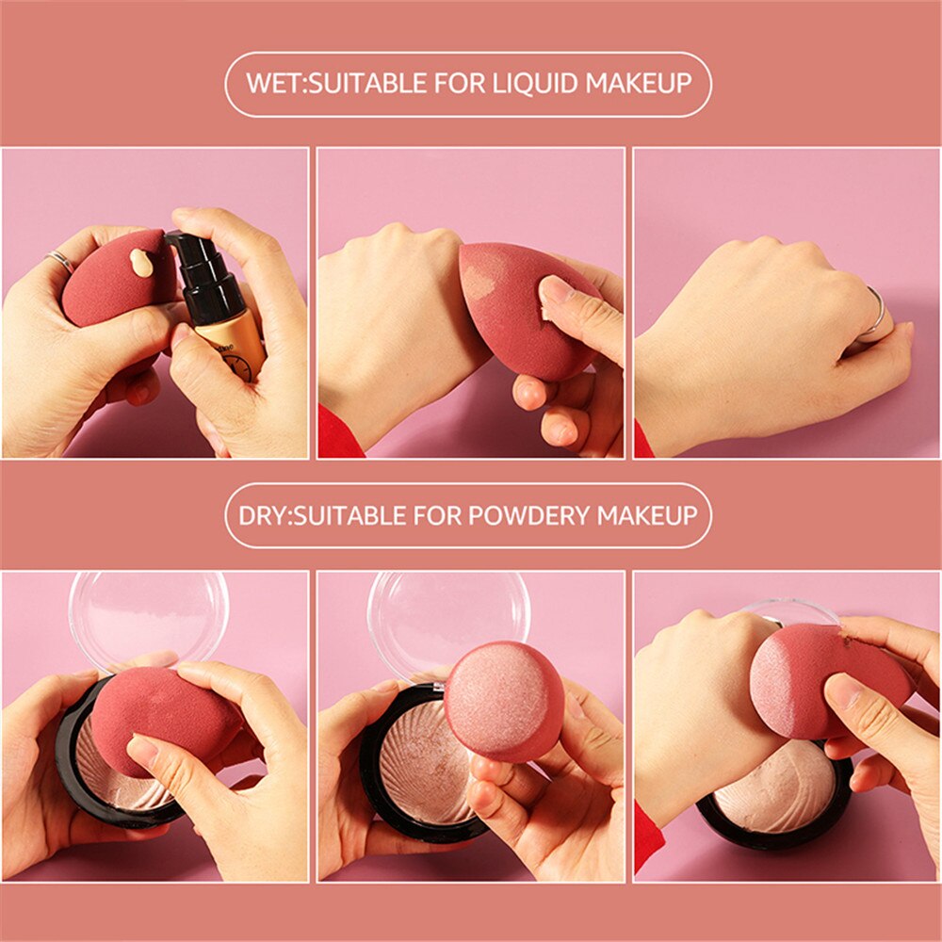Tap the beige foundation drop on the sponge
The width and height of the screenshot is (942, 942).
pos(141,262)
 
